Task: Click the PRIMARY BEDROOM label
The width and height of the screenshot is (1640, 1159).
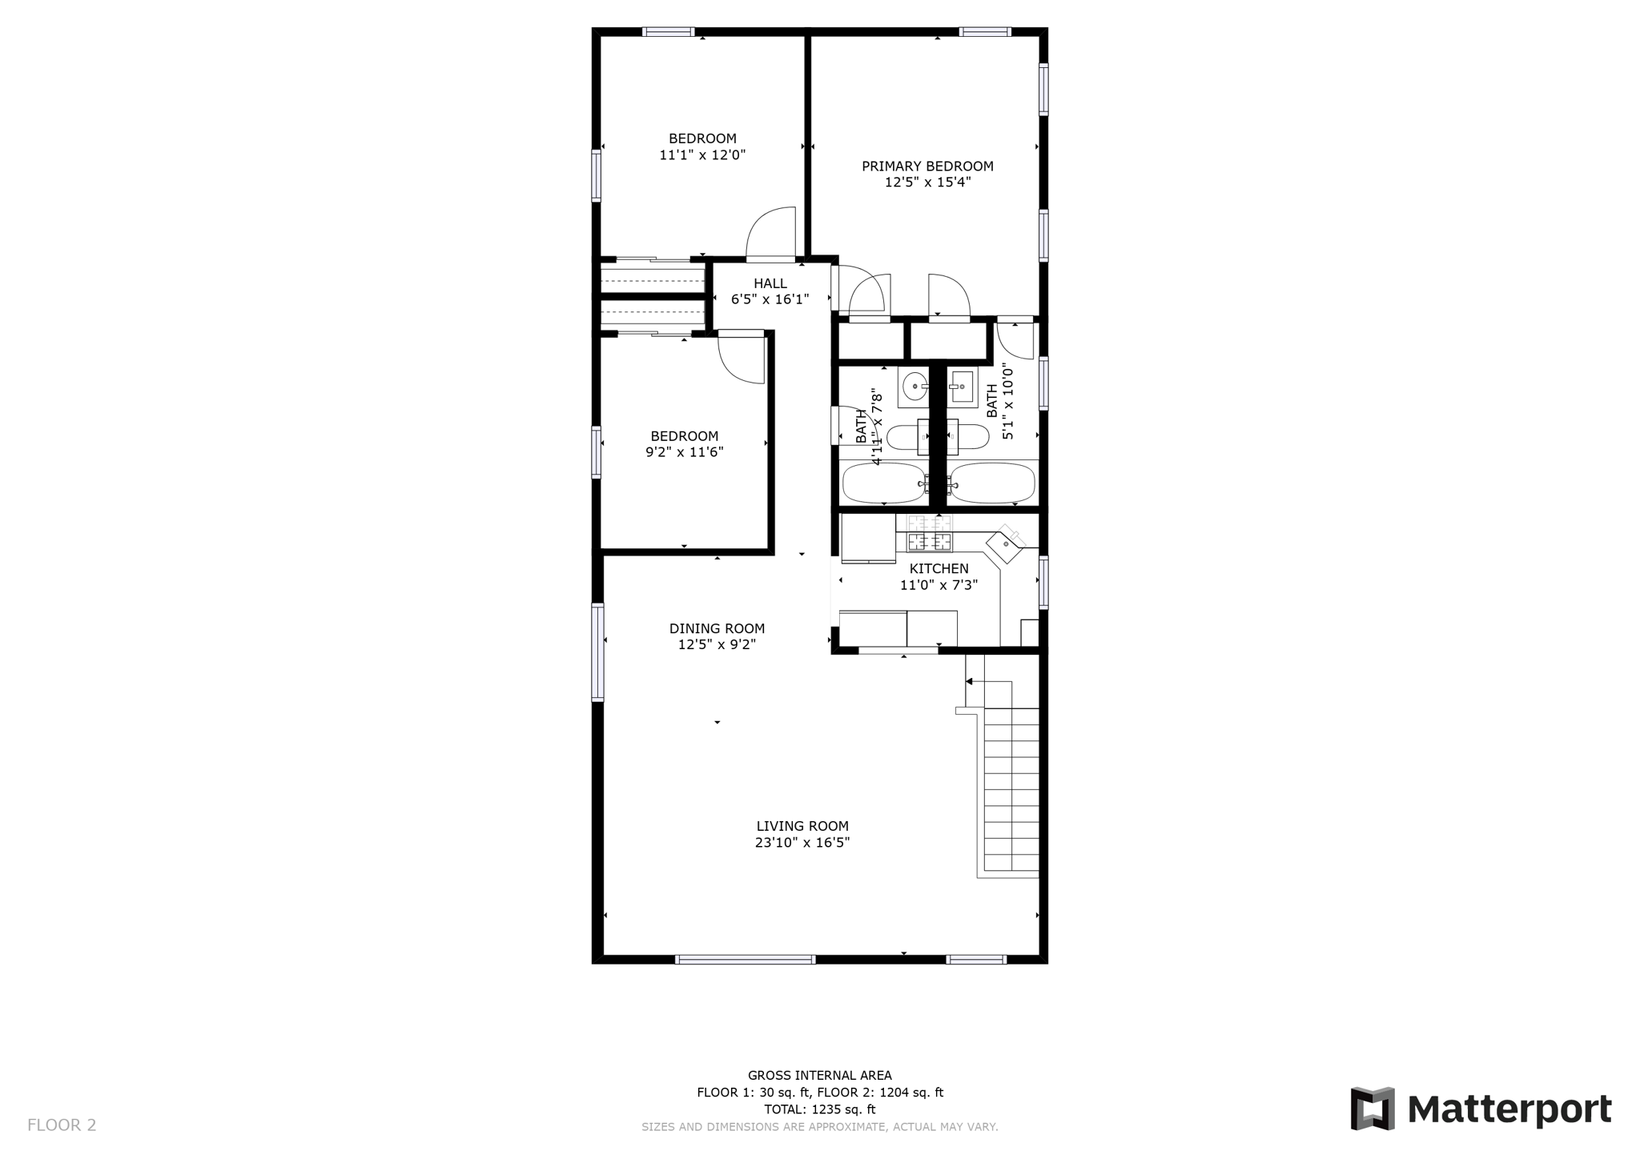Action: (x=927, y=166)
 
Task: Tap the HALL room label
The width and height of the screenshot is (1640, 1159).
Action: (x=770, y=283)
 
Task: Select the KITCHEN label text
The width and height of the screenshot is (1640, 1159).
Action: (x=939, y=569)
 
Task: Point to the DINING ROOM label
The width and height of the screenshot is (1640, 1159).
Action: (x=717, y=628)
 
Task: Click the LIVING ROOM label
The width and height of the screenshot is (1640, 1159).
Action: (x=802, y=826)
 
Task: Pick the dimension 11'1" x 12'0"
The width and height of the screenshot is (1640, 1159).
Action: (x=702, y=155)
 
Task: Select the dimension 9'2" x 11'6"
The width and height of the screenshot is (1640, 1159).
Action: (x=685, y=452)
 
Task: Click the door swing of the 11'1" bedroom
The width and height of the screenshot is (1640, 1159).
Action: (x=770, y=233)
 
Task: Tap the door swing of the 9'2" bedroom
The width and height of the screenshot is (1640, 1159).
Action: (x=741, y=359)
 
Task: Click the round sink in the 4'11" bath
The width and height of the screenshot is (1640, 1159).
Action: (x=914, y=387)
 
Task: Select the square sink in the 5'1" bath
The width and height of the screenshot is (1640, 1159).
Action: (x=962, y=387)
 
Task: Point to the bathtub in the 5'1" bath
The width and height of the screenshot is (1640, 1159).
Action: (x=992, y=483)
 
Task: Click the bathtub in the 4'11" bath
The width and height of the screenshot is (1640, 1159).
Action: (x=884, y=483)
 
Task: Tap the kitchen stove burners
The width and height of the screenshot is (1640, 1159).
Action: (x=930, y=534)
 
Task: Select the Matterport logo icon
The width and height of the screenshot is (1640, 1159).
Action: (x=1373, y=1109)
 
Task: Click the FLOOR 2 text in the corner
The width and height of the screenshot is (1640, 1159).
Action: (x=62, y=1125)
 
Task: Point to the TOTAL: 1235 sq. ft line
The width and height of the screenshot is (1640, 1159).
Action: (x=819, y=1109)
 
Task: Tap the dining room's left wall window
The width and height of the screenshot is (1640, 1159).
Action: (x=597, y=652)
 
